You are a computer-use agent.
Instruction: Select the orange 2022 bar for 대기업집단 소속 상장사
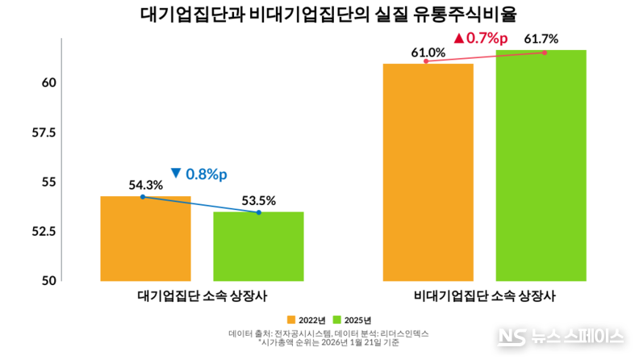coord(145,239)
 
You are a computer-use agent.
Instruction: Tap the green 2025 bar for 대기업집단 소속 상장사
coord(258,246)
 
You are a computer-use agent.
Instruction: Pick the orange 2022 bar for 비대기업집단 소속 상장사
coord(428,172)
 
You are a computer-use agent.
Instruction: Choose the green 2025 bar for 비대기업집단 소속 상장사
coord(541,165)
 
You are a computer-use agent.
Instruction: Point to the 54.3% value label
coord(146,185)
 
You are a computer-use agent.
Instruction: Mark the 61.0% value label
coord(428,52)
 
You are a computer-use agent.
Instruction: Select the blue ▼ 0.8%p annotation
coord(199,173)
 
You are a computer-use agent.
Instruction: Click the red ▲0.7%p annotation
coord(481,37)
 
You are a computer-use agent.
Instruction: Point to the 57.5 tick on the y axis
coord(41,132)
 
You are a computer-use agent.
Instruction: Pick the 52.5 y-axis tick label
coord(41,232)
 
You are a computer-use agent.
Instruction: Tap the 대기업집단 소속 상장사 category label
coord(202,295)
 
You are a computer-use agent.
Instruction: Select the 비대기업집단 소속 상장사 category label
coord(484,295)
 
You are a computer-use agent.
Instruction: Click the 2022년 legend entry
coord(306,320)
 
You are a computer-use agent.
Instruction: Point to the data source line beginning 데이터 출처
coord(328,333)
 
